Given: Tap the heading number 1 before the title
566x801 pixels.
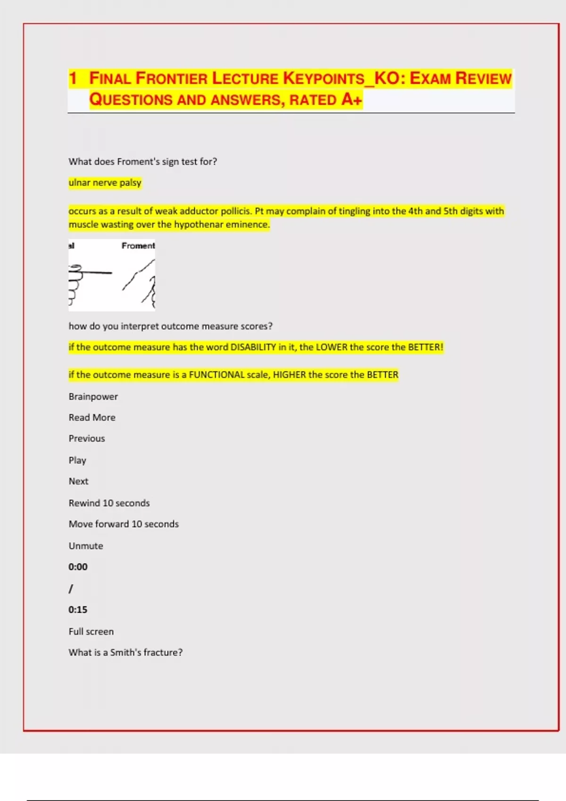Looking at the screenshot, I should (73, 78).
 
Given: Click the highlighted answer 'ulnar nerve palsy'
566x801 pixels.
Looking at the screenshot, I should (105, 182).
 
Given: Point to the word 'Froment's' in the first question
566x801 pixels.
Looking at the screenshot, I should (138, 162).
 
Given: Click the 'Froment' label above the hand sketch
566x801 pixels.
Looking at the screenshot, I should (138, 245).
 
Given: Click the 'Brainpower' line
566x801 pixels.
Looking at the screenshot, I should (93, 397).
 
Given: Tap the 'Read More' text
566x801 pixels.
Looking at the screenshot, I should (92, 417).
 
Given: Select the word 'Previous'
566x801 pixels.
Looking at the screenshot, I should (87, 438).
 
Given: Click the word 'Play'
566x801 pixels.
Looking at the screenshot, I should (77, 460).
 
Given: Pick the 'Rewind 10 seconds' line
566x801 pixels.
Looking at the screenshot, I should (109, 503).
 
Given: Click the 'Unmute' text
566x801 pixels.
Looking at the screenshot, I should (86, 546).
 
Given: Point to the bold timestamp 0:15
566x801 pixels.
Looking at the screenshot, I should (78, 610).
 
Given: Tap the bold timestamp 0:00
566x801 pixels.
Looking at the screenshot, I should (78, 567).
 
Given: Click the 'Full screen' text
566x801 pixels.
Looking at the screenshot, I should (91, 631).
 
